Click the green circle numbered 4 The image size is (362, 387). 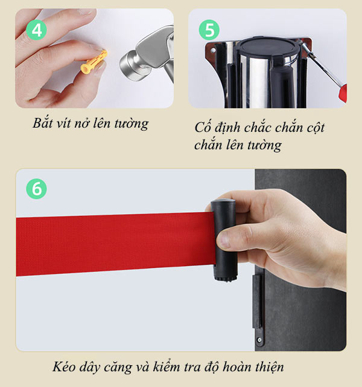(x=37, y=30)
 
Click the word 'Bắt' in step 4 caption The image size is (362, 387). (x=43, y=124)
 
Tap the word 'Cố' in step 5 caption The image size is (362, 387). (x=202, y=128)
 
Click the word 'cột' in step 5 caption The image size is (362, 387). (x=314, y=128)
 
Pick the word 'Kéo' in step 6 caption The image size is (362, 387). (x=64, y=367)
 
